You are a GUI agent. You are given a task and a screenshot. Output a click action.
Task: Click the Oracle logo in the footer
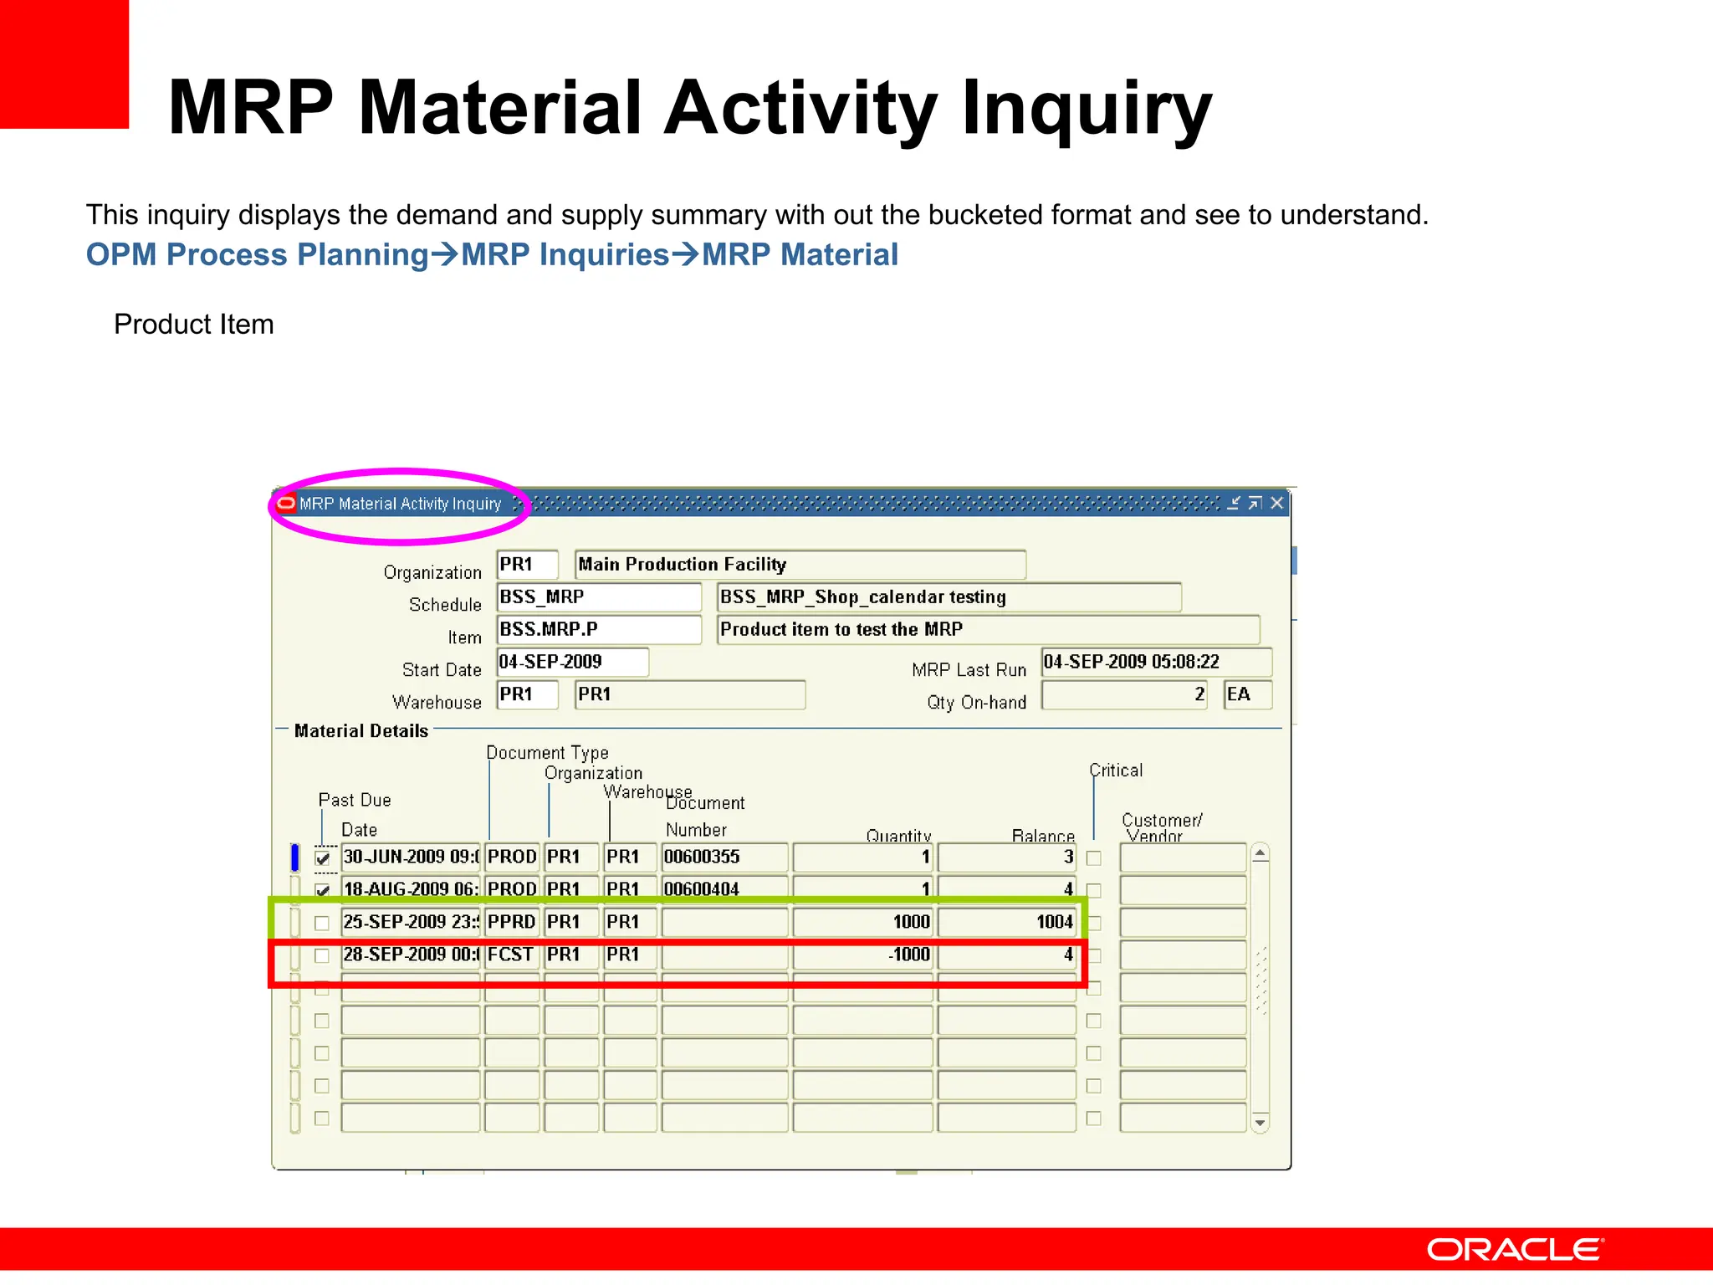pyautogui.click(x=1515, y=1250)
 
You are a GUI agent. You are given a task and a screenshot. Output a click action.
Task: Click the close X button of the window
pyautogui.click(x=1276, y=503)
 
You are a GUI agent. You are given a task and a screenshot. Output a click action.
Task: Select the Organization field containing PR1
pyautogui.click(x=527, y=565)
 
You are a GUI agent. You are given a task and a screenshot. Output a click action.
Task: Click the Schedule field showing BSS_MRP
pyautogui.click(x=598, y=597)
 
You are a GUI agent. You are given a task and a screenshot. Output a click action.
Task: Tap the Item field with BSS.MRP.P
pyautogui.click(x=598, y=629)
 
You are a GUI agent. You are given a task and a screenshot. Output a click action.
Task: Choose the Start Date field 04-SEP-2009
pyautogui.click(x=572, y=662)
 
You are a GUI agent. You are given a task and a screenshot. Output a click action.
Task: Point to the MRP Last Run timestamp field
pyautogui.click(x=1156, y=662)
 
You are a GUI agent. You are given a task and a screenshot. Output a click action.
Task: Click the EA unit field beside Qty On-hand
pyautogui.click(x=1247, y=694)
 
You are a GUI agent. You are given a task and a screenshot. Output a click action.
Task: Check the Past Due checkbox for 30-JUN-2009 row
pyautogui.click(x=323, y=858)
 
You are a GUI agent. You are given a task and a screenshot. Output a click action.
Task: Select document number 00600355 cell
pyautogui.click(x=724, y=857)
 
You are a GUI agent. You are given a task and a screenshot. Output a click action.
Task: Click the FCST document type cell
pyautogui.click(x=511, y=955)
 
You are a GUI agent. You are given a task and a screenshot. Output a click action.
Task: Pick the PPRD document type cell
pyautogui.click(x=511, y=922)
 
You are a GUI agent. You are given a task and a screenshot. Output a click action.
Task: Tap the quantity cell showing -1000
pyautogui.click(x=862, y=955)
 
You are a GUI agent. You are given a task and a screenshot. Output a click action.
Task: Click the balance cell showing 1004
pyautogui.click(x=1006, y=922)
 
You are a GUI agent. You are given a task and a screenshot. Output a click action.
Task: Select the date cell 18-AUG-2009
pyautogui.click(x=410, y=889)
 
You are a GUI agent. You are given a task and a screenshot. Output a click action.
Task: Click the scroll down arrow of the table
pyautogui.click(x=1260, y=1123)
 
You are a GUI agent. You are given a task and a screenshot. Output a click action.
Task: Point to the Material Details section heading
pyautogui.click(x=361, y=731)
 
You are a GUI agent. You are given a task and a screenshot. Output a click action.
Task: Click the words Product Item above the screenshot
pyautogui.click(x=194, y=325)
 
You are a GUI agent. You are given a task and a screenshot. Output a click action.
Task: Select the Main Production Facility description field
pyautogui.click(x=800, y=565)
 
